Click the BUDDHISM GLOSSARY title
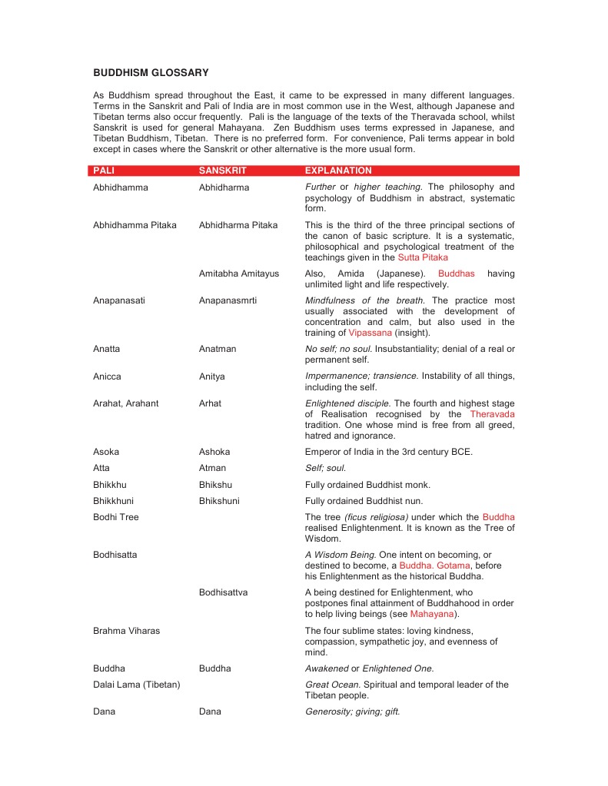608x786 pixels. [151, 73]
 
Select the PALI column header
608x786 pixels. [105, 171]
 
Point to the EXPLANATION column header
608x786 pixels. [338, 171]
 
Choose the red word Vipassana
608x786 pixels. [370, 333]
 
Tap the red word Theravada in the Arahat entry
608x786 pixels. [492, 414]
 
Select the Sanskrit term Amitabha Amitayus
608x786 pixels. [239, 274]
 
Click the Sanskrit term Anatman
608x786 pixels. [218, 349]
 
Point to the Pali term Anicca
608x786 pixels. [107, 376]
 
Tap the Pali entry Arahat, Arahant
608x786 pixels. [126, 403]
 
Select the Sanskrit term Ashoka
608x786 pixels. [214, 452]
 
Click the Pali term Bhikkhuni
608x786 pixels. [113, 500]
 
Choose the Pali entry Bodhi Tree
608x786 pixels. [116, 517]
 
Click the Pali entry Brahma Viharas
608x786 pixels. [126, 631]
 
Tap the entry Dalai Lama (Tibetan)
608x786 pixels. [137, 685]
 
